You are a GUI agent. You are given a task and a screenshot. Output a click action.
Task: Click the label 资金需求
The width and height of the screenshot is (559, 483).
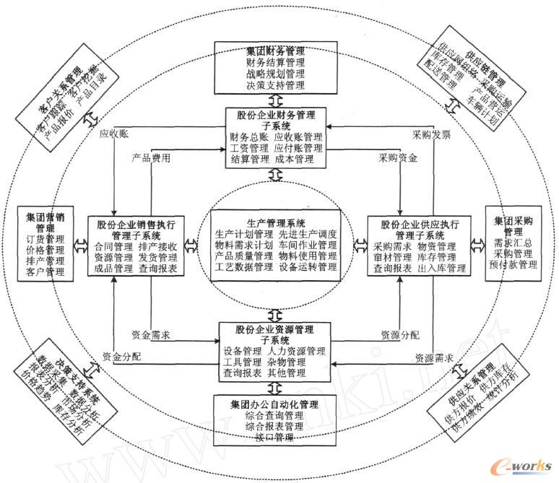point(151,335)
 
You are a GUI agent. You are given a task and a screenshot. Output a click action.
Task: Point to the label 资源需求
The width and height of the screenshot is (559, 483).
point(434,357)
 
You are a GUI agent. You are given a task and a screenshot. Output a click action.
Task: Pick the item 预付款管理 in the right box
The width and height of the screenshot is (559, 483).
point(513,266)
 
